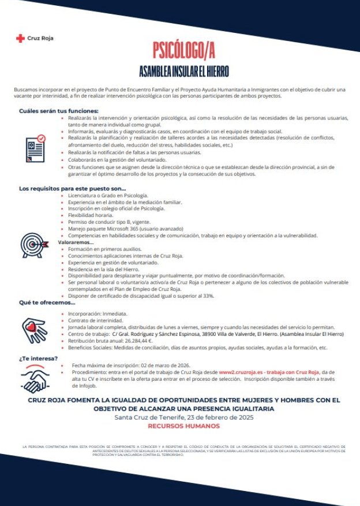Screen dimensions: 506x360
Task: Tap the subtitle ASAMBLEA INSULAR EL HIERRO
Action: (x=184, y=72)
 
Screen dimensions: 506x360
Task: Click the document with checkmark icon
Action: (x=36, y=148)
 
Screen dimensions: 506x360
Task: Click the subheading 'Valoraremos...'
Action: (x=76, y=242)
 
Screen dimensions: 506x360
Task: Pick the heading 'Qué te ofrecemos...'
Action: (x=47, y=303)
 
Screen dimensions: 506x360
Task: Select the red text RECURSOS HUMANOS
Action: (x=183, y=426)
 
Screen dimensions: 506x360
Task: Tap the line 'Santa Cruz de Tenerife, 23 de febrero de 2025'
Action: (x=183, y=417)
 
